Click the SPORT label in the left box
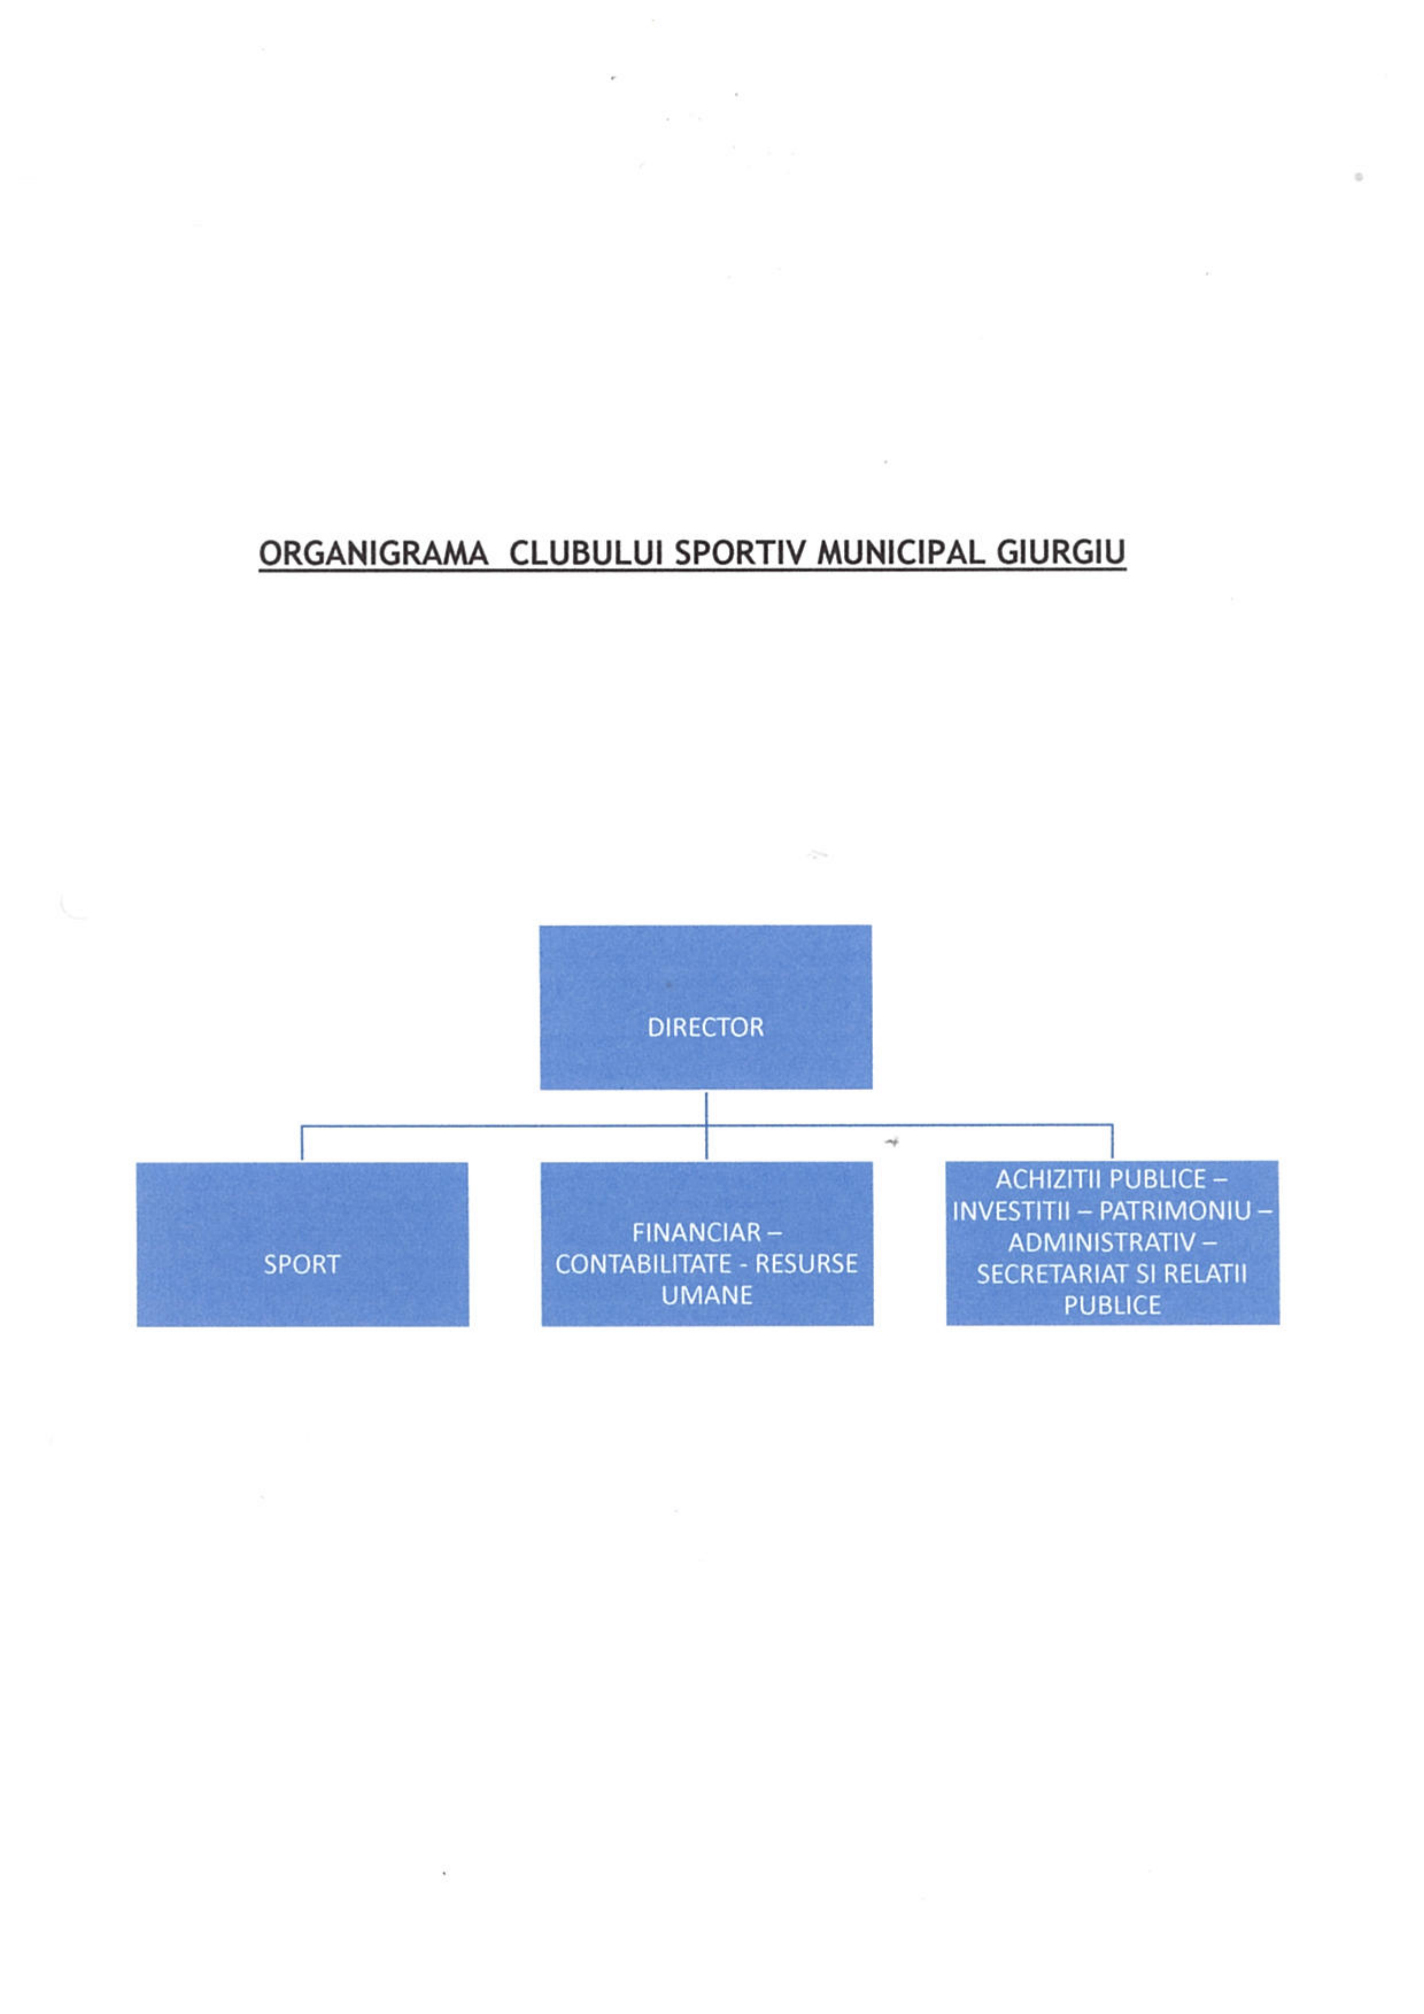pyautogui.click(x=302, y=1264)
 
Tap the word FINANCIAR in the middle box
pyautogui.click(x=697, y=1233)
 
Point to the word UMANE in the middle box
pyautogui.click(x=707, y=1296)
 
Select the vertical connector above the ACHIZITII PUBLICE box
pyautogui.click(x=1113, y=1142)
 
